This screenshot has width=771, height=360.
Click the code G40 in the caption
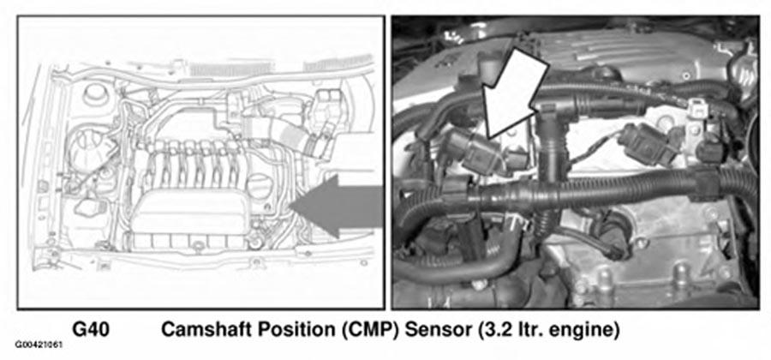[91, 329]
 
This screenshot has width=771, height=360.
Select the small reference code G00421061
[39, 345]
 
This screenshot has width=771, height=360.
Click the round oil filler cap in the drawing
[259, 187]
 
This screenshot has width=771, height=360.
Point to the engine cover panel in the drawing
[191, 213]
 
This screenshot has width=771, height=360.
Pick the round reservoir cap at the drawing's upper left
[95, 94]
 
